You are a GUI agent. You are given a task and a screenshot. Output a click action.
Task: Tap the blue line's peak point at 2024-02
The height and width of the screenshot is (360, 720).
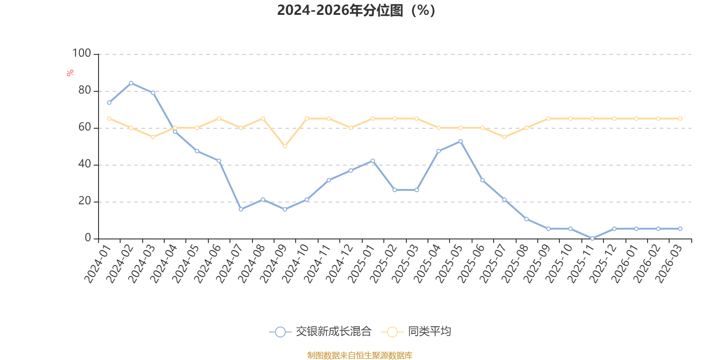click(131, 83)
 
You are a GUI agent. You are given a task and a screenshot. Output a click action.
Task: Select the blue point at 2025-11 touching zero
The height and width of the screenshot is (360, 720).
click(592, 238)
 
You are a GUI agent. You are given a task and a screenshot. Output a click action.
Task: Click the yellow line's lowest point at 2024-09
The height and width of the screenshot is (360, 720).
click(285, 146)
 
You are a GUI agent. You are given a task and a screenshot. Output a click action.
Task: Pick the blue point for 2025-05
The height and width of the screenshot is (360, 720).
click(461, 141)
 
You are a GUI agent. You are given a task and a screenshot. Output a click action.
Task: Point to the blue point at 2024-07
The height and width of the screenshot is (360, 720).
click(241, 209)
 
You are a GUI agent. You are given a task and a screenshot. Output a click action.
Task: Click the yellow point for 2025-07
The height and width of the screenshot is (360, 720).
click(504, 137)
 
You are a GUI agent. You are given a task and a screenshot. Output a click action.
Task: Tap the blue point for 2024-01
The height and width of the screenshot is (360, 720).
click(109, 103)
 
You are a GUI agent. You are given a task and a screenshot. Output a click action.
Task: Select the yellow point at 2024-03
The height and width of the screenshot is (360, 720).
click(153, 137)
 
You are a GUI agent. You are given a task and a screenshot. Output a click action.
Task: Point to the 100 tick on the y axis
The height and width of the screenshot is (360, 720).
click(81, 54)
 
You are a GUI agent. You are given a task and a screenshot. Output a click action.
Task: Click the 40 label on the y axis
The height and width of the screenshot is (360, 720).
click(85, 164)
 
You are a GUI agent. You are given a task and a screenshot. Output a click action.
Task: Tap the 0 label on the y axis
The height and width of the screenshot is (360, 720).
click(88, 238)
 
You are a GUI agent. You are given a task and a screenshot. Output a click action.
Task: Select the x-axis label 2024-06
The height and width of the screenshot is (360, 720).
click(207, 264)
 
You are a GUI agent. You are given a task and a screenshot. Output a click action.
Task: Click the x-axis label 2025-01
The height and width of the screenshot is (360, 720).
click(361, 264)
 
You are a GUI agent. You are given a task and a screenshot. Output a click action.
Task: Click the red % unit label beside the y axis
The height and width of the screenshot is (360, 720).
click(70, 73)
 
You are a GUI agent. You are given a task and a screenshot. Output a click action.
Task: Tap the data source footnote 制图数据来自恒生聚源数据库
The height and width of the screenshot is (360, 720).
click(360, 355)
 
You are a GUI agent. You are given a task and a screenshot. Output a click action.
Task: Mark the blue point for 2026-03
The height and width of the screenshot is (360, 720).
click(680, 229)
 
